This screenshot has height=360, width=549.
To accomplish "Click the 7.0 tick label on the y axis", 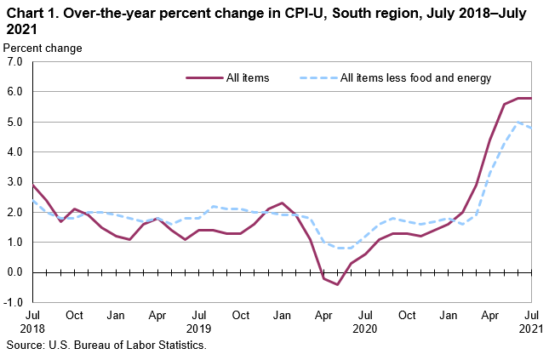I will click(14, 62).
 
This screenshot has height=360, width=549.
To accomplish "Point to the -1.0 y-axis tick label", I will click(12, 303).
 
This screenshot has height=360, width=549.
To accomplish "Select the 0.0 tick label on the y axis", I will click(14, 272).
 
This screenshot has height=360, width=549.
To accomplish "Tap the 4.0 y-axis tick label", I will click(14, 152).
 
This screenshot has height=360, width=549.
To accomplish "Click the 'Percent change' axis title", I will click(43, 48).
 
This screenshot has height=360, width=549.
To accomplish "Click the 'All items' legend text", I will click(248, 78).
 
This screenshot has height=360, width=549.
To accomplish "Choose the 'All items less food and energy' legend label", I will click(415, 78).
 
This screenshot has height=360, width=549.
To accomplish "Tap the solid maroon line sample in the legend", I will click(203, 78).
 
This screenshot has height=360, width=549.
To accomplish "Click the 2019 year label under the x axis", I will click(198, 328).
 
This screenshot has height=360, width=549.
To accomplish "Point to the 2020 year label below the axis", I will click(364, 328).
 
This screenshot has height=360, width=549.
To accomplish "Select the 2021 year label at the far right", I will click(531, 328).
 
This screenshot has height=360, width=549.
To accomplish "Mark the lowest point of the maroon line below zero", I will click(337, 284).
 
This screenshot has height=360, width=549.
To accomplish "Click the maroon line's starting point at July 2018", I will click(32, 185).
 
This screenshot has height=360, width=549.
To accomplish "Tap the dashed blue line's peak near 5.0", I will click(518, 122).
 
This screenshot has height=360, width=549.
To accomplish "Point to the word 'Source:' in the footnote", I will click(26, 346).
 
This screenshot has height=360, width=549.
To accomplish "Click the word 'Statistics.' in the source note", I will click(180, 346).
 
